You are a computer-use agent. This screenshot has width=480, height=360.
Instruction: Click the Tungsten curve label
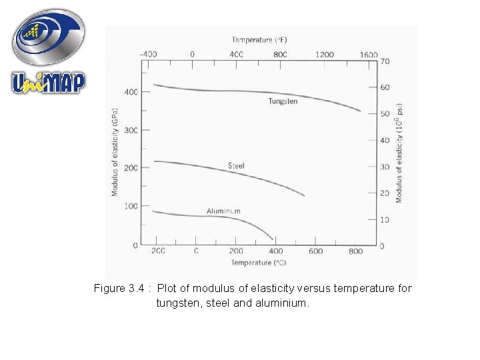coord(283,101)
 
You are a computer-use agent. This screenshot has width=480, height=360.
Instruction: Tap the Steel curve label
coord(237,165)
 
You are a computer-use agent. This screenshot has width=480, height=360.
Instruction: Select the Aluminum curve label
coord(223,211)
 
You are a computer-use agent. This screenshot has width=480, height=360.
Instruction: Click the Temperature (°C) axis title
coord(259,263)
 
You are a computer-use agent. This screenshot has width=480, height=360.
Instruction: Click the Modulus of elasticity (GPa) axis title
coord(115,152)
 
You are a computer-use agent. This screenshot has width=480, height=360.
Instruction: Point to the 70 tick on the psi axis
coord(385,61)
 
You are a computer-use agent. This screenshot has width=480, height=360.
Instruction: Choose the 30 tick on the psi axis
coord(385,167)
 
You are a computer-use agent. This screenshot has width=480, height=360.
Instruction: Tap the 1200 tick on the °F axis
coord(325,55)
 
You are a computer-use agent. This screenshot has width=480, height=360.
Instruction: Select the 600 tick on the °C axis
coord(316,251)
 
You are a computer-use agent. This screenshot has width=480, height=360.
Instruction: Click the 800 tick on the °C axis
coord(356,251)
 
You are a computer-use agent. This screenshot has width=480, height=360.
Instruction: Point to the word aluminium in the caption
coord(286,303)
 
